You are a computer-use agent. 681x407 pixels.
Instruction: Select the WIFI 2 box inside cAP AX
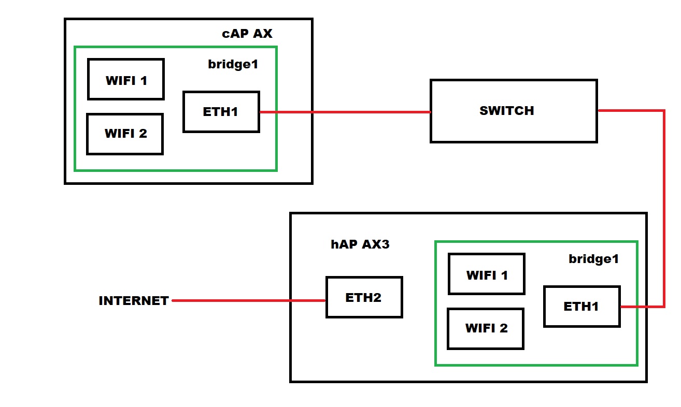pos(125,134)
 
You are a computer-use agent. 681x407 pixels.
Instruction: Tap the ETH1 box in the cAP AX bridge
pos(221,112)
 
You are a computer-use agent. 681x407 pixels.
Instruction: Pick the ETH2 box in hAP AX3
pos(364,297)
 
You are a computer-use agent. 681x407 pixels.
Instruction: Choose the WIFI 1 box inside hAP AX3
pos(487,274)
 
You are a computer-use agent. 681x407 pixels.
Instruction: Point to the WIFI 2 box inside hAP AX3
pos(486,329)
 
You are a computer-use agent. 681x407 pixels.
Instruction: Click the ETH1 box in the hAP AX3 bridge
pos(581,307)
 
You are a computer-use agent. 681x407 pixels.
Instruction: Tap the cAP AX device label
pos(247,34)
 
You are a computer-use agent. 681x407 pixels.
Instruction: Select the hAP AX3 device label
pos(360,244)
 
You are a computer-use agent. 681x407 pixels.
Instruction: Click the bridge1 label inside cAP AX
pos(233,65)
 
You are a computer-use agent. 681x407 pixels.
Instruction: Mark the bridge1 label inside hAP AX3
pos(593,259)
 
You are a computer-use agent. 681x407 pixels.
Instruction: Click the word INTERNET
pos(134,301)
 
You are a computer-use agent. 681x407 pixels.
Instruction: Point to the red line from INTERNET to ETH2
pos(249,300)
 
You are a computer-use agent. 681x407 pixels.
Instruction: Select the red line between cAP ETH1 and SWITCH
pos(345,112)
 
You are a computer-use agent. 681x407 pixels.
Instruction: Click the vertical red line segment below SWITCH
pos(664,207)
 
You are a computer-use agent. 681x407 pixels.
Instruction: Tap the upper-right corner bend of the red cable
pos(663,111)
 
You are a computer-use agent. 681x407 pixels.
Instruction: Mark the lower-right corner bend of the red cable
pos(663,307)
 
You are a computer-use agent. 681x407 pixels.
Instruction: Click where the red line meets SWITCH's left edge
pos(430,112)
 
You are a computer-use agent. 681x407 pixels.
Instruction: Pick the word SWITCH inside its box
pos(506,111)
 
